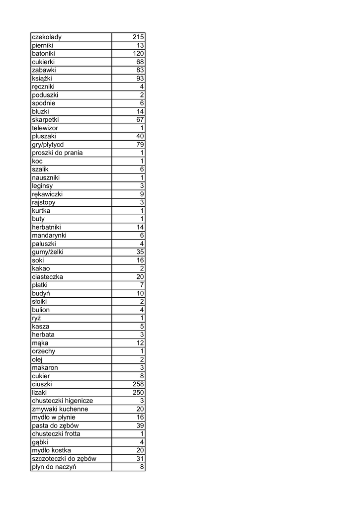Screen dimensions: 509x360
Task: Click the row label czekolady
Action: (x=47, y=37)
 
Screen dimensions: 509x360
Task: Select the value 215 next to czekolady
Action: (x=138, y=37)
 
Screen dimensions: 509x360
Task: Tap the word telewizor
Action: (x=45, y=128)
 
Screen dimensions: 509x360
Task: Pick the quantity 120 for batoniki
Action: (x=138, y=54)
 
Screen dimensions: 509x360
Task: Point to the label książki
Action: (x=42, y=79)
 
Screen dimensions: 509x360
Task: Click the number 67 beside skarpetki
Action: (x=140, y=120)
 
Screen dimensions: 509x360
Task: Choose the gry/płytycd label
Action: (x=48, y=145)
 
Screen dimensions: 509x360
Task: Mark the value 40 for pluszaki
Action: (x=140, y=136)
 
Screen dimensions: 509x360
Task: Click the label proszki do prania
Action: (x=57, y=153)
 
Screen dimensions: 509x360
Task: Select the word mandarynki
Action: (x=49, y=236)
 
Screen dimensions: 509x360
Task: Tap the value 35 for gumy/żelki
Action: (x=140, y=252)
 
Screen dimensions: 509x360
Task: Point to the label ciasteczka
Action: (x=47, y=277)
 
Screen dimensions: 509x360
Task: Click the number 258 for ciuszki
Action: (x=138, y=384)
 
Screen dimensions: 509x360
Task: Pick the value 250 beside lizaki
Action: (x=138, y=393)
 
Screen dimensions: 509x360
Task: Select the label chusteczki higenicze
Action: (x=62, y=401)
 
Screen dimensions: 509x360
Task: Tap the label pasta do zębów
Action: (x=55, y=425)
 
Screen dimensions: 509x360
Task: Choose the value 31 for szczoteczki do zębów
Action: (x=140, y=459)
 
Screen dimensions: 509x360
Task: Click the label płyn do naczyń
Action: (x=54, y=467)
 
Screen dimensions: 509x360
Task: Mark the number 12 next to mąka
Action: (x=140, y=343)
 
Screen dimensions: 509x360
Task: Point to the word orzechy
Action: (x=43, y=351)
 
